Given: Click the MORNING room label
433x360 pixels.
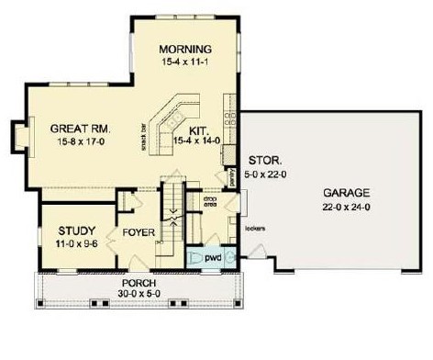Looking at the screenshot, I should point(185,49).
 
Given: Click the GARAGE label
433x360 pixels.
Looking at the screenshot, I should point(346,194).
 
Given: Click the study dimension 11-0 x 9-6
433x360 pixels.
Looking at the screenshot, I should point(64,244).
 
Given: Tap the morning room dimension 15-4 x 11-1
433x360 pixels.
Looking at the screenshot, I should point(185,62).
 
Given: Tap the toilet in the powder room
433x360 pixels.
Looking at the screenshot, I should point(194,258).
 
